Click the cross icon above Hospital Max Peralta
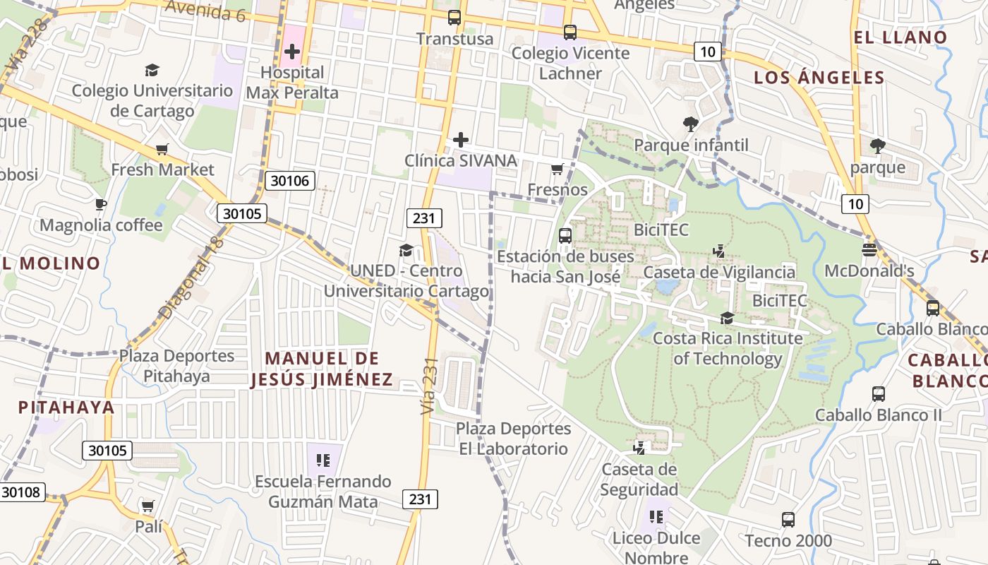(292, 52)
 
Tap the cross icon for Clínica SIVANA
(461, 140)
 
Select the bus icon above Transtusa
(454, 18)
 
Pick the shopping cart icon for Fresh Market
(162, 149)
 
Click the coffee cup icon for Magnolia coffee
(101, 205)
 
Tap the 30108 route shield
(23, 492)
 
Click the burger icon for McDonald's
(869, 250)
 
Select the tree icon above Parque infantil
(691, 124)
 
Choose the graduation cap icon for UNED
(406, 250)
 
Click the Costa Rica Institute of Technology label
(728, 348)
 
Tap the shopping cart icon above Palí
(147, 506)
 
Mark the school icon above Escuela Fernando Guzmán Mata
(323, 461)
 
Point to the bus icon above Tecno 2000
(788, 520)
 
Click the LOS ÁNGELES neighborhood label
(819, 78)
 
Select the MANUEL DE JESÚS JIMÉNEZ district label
(315, 369)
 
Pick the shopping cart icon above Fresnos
(557, 169)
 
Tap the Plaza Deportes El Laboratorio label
(513, 439)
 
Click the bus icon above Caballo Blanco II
(879, 394)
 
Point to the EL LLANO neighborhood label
(900, 37)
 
